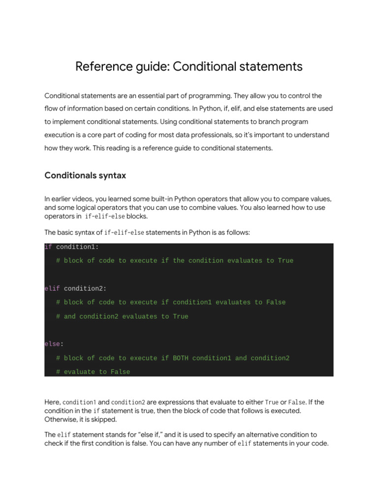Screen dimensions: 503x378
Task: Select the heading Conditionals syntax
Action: [x=85, y=175]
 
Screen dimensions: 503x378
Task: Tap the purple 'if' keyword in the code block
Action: [x=48, y=247]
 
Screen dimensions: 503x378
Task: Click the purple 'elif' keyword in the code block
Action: [x=52, y=289]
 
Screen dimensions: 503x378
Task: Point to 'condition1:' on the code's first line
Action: [x=77, y=247]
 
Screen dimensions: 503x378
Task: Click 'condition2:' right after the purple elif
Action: [x=85, y=289]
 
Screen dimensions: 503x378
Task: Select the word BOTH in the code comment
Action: [x=181, y=358]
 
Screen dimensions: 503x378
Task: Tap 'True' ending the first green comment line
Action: [x=285, y=261]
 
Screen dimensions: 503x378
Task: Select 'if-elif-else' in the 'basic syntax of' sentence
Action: [x=125, y=232]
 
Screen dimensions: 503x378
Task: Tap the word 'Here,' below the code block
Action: [x=52, y=402]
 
